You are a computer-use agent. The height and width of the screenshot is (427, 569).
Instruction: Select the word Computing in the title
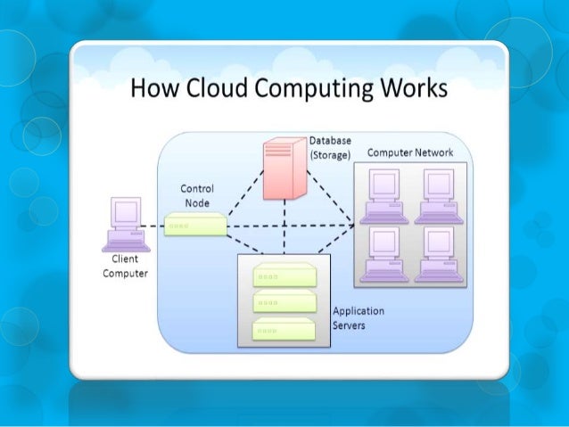point(304,91)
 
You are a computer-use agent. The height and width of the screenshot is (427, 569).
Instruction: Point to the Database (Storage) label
point(329,147)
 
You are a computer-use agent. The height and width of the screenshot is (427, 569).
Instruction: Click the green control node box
point(194,225)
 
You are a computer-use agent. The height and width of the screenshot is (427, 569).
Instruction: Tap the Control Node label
point(195,196)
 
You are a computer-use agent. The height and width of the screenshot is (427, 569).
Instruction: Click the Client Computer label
point(125,267)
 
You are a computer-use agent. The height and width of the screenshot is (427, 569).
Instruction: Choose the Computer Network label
point(409,152)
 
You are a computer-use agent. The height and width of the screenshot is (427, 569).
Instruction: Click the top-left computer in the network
point(384,194)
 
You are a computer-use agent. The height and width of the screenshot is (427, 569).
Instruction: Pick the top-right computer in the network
point(438,194)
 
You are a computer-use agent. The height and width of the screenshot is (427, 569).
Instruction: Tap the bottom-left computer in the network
point(384,252)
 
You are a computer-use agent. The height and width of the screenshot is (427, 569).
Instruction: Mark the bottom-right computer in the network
point(438,252)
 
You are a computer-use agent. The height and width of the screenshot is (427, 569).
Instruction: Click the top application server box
point(284,274)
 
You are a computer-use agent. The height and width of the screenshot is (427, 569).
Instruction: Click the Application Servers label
point(358,318)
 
